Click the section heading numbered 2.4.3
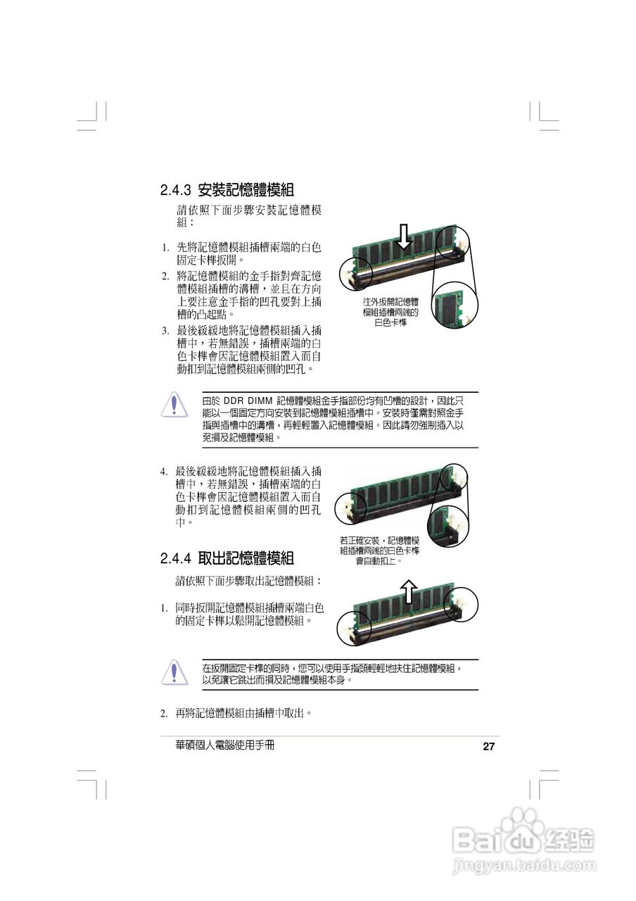pyautogui.click(x=227, y=190)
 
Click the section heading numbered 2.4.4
pyautogui.click(x=227, y=559)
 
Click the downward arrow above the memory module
pyautogui.click(x=403, y=237)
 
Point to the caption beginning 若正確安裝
pyautogui.click(x=379, y=550)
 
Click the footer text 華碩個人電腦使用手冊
pyautogui.click(x=224, y=745)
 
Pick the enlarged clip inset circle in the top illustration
pyautogui.click(x=454, y=307)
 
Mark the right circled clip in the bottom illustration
pyautogui.click(x=462, y=604)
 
